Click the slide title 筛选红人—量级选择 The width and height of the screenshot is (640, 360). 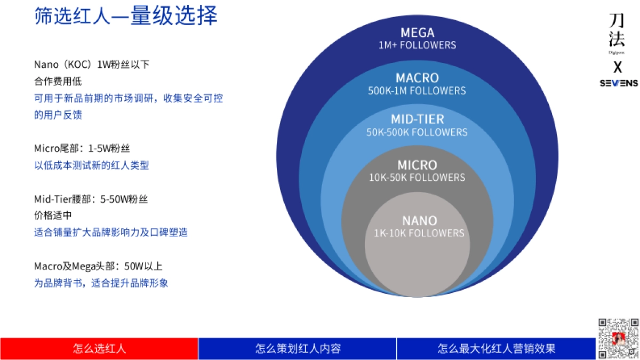[x=126, y=17]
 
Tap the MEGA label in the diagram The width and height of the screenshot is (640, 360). [x=417, y=33]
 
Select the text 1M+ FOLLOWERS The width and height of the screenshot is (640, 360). [x=417, y=45]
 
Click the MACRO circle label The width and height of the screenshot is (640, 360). [x=417, y=78]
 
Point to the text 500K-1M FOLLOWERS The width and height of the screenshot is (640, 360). [x=417, y=91]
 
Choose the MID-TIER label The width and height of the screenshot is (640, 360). [x=417, y=119]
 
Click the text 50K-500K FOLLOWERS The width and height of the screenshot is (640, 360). [x=417, y=132]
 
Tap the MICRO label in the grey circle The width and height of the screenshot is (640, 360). [x=417, y=165]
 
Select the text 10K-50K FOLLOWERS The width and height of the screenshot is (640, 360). [x=417, y=177]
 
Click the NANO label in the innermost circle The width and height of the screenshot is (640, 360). [x=419, y=220]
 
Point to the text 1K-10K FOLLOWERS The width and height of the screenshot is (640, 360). [x=419, y=233]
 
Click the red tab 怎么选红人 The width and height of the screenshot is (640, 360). [x=99, y=349]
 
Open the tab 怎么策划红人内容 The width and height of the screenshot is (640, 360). [x=298, y=349]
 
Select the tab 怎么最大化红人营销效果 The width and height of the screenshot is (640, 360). [x=496, y=349]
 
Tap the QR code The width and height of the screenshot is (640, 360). [x=618, y=338]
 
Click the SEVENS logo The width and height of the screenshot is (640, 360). [x=619, y=83]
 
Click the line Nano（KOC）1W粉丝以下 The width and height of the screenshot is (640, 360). [x=92, y=65]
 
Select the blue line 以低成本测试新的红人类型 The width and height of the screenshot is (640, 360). [x=92, y=165]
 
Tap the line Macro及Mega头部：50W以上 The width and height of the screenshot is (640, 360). [x=98, y=266]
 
